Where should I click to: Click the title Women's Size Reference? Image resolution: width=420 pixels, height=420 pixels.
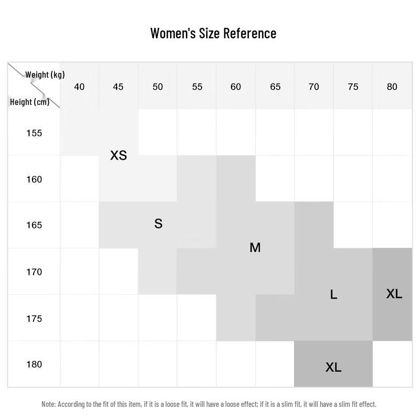coord(213,33)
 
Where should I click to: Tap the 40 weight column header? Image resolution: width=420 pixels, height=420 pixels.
coord(79,87)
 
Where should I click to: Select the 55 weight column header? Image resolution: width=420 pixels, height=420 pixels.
coord(197,87)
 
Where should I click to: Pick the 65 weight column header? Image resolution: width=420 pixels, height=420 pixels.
coord(275,87)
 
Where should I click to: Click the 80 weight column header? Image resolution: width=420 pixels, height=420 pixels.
coord(392,87)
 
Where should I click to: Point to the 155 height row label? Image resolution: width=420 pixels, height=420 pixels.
coord(34,133)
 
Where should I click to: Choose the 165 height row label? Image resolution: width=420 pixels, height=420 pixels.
coord(34,225)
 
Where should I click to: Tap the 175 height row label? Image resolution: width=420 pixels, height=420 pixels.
coord(34,319)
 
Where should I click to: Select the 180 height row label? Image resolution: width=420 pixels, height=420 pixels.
coord(34,364)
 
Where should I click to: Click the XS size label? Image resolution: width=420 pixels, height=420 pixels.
coord(119,155)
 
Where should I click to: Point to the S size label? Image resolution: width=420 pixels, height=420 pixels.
coord(158,224)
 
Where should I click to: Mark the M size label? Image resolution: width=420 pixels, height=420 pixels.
coord(255,248)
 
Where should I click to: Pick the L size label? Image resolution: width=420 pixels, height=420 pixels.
coord(333,295)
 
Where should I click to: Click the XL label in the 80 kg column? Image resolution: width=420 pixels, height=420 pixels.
coord(394,294)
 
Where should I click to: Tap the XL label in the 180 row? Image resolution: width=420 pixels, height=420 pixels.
coord(333,367)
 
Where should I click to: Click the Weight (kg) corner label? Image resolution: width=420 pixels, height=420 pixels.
coord(45,75)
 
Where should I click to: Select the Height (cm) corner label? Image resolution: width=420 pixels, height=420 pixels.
coord(29,102)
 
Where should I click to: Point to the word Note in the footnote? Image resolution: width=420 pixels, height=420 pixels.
coord(48,404)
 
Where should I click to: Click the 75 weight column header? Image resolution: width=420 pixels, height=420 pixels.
coord(353,87)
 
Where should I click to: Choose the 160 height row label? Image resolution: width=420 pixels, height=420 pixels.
coord(34,180)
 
